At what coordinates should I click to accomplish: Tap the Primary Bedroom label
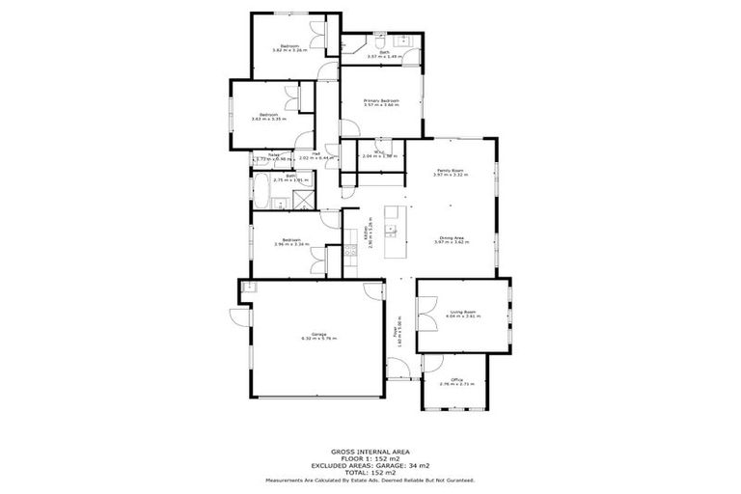point(381,102)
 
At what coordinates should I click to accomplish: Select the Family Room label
point(450,173)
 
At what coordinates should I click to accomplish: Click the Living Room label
point(463,313)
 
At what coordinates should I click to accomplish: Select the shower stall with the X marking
point(302,201)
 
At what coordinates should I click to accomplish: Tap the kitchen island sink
point(393,230)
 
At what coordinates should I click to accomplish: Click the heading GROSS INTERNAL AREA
point(370,452)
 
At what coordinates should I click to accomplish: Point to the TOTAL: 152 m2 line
point(370,472)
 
